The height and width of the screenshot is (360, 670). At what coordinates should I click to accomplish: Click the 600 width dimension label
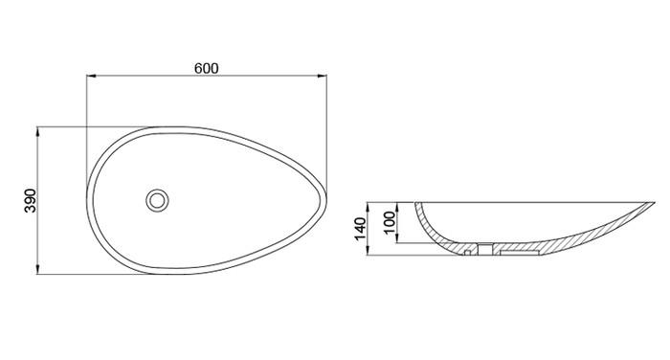pyautogui.click(x=207, y=68)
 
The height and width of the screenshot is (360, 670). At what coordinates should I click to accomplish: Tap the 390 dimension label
pyautogui.click(x=31, y=200)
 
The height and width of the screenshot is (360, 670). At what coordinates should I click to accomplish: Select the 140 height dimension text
pyautogui.click(x=361, y=229)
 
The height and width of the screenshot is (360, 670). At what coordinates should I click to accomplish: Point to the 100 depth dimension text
pyautogui.click(x=390, y=222)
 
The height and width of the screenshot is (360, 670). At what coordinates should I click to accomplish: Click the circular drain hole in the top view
pyautogui.click(x=157, y=200)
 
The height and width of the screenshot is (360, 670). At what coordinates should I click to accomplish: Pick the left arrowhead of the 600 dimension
pyautogui.click(x=91, y=76)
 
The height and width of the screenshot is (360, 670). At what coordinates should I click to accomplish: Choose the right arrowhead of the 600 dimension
pyautogui.click(x=323, y=76)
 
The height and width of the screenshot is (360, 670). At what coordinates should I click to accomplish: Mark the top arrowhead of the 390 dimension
pyautogui.click(x=37, y=131)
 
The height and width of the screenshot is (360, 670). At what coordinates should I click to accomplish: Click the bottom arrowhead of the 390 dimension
pyautogui.click(x=37, y=270)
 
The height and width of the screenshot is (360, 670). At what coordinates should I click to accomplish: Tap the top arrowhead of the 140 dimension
pyautogui.click(x=368, y=206)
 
